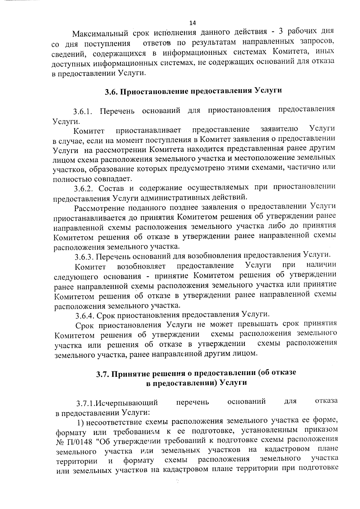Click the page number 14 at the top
point(193,23)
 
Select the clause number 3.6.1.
point(83,112)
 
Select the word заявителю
point(279,129)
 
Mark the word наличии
point(321,265)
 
